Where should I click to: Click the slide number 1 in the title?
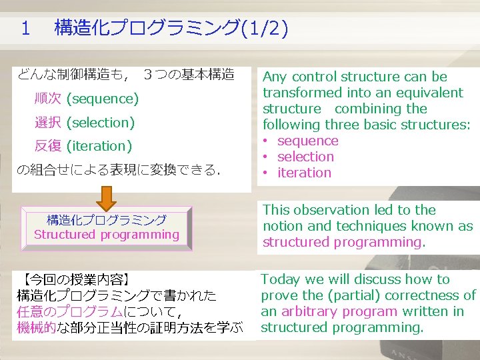pyautogui.click(x=26, y=28)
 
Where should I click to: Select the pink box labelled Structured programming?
pyautogui.click(x=107, y=227)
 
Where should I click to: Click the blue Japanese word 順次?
pyautogui.click(x=48, y=99)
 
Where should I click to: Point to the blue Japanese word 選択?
pyautogui.click(x=48, y=123)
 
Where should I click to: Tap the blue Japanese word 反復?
pyautogui.click(x=48, y=146)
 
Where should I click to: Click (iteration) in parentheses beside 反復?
pyautogui.click(x=99, y=146)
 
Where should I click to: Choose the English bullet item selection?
pyautogui.click(x=305, y=157)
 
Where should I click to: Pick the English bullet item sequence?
pyautogui.click(x=307, y=141)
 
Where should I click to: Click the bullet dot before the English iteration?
pyautogui.click(x=265, y=173)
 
